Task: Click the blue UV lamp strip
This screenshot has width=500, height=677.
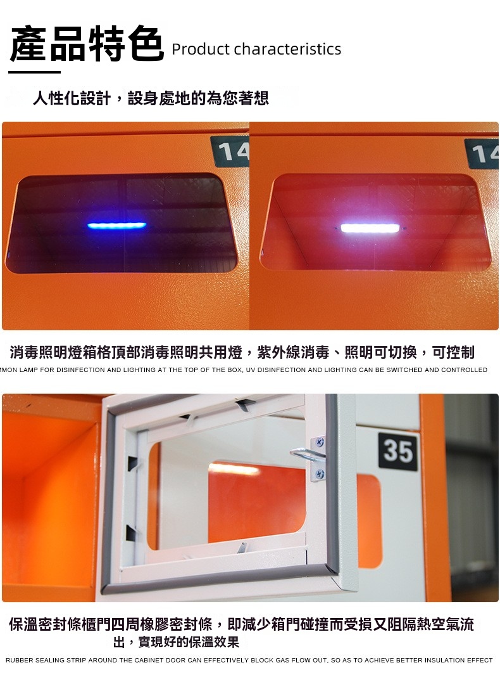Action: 117,226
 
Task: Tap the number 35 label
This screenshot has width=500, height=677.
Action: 398,451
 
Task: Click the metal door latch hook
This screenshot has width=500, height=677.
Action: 307,455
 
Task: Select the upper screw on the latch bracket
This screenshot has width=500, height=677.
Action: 320,442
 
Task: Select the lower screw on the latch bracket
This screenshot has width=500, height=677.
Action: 320,474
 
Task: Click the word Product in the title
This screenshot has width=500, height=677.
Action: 201,49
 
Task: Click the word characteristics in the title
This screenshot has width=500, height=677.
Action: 287,49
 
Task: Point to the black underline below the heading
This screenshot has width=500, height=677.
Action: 34,72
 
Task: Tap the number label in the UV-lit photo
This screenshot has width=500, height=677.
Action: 230,152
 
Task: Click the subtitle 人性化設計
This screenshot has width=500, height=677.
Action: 72,98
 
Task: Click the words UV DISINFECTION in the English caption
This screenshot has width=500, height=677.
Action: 278,370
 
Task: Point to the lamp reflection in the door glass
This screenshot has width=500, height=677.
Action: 234,468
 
